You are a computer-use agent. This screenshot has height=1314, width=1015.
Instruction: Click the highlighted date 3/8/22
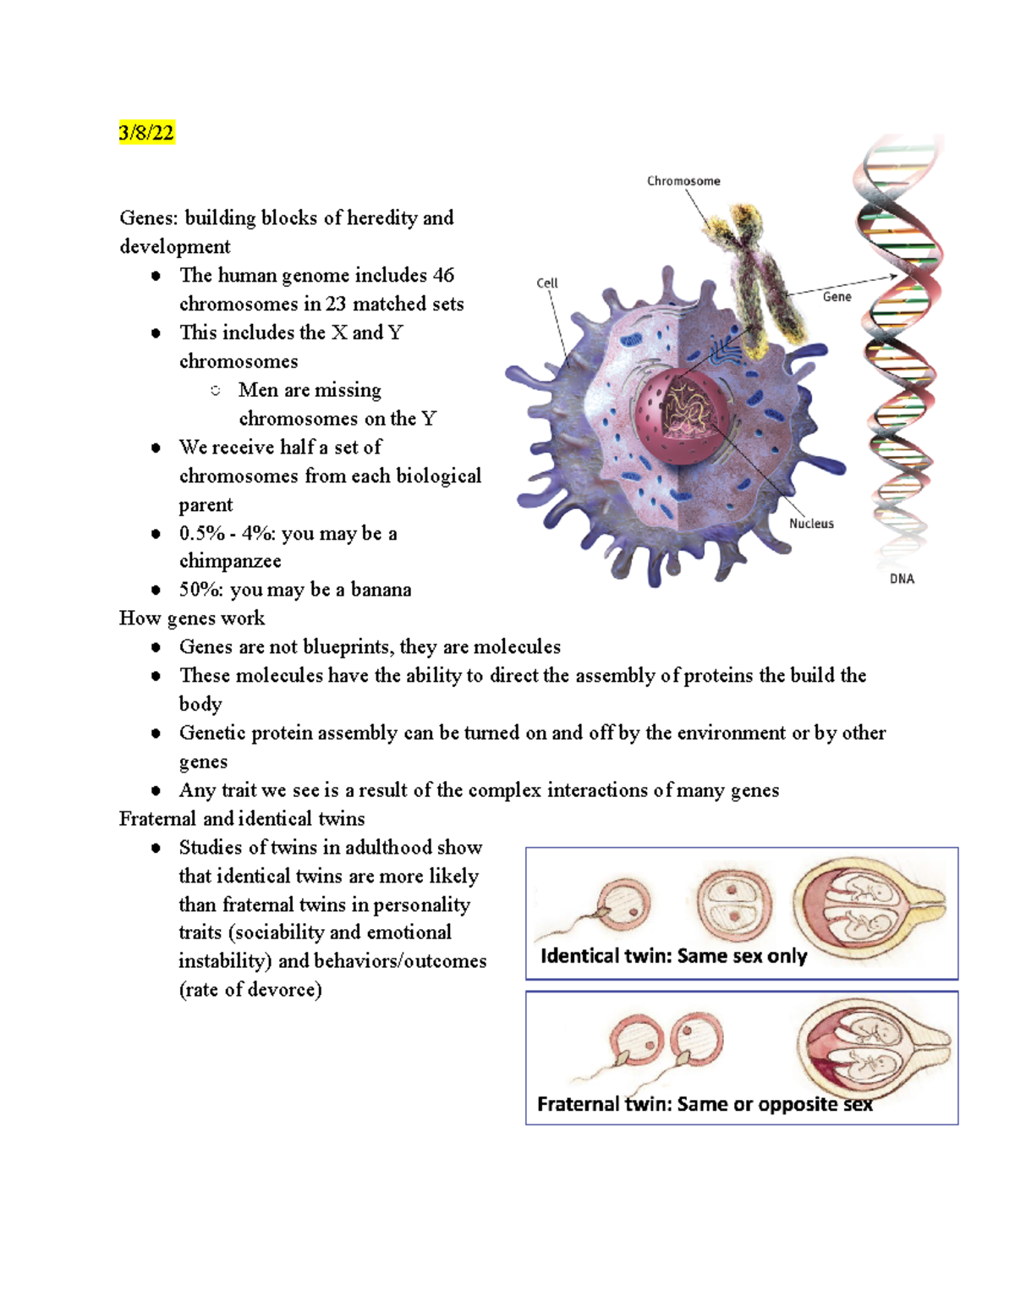click(146, 133)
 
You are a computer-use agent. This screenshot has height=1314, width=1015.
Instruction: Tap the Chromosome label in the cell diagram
click(683, 181)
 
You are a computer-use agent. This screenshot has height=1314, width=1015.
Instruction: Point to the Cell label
click(547, 283)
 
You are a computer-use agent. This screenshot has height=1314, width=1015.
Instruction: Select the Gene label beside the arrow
click(837, 297)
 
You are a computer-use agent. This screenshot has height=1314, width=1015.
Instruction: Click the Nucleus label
click(811, 524)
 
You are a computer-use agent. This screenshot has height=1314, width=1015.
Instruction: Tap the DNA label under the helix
click(902, 579)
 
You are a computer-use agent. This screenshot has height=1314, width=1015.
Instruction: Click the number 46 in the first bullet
click(443, 276)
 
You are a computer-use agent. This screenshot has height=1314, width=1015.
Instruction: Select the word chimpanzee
click(230, 562)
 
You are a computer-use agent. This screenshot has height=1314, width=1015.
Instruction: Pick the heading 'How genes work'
click(192, 619)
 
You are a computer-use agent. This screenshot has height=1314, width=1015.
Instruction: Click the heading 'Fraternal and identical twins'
click(242, 819)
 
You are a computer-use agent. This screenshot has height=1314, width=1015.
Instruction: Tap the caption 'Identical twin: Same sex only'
click(673, 956)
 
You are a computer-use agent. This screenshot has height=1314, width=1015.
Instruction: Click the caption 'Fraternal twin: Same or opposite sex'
click(705, 1104)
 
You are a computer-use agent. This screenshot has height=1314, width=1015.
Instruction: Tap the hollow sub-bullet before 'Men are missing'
click(216, 391)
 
